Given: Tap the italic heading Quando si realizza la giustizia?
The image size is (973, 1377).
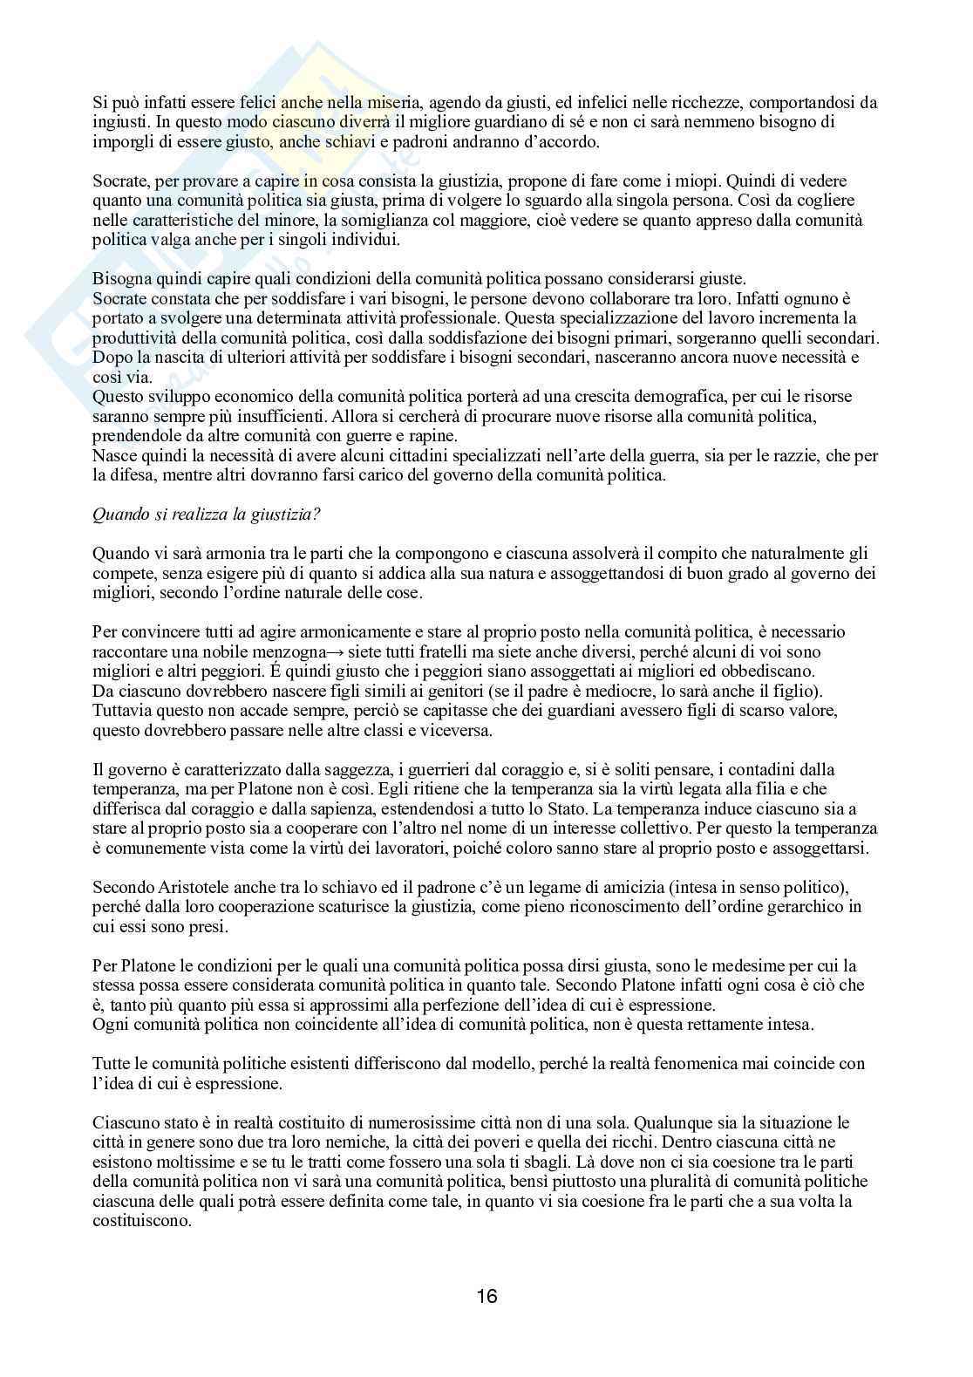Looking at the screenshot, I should [x=207, y=515].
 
